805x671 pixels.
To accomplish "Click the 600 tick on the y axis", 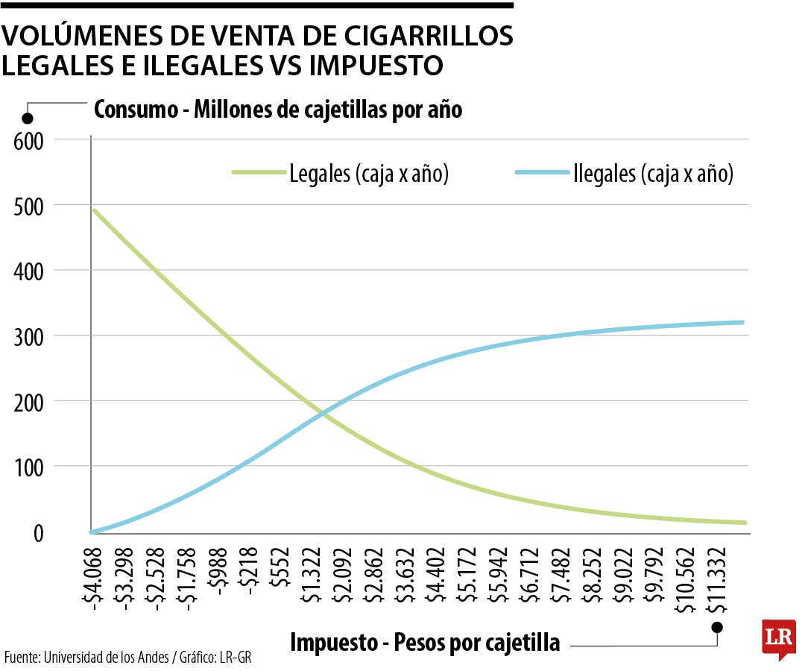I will point(29,140).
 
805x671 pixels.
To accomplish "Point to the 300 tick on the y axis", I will point(29,336).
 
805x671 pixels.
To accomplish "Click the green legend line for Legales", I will point(259,173).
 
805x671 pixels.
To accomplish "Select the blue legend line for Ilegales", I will point(542,173).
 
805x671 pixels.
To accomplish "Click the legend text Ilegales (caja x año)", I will point(654,174).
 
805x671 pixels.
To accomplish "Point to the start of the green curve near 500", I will point(93,210).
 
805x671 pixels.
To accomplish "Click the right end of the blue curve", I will point(742,322).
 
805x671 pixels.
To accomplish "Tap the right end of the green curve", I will point(744,523).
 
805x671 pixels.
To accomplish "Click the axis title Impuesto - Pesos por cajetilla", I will point(425,642).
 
